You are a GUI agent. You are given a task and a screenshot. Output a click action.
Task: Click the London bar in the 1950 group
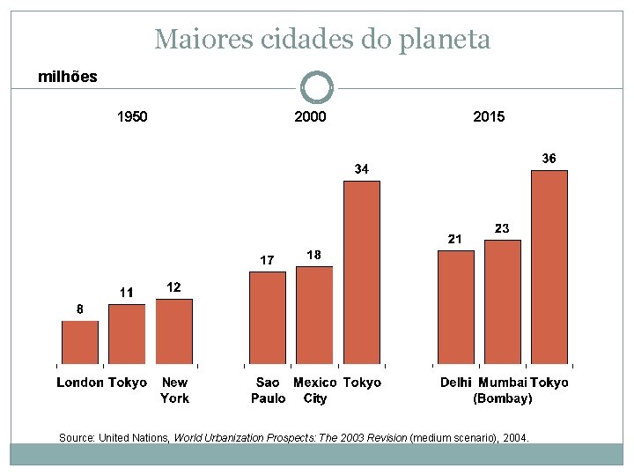point(80,342)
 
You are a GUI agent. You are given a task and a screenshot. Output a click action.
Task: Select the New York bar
point(173,331)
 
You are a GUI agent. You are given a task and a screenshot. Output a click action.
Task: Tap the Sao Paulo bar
point(268,317)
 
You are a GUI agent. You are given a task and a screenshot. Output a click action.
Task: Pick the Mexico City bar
point(314,315)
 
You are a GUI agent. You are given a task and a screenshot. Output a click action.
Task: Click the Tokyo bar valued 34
point(361,272)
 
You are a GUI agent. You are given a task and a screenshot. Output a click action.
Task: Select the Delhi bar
point(455,307)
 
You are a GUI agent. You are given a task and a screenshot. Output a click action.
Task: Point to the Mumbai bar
point(503,301)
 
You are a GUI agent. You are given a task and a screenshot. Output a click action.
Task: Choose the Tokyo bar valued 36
point(549,267)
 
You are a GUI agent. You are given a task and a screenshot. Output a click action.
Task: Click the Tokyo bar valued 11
point(127,334)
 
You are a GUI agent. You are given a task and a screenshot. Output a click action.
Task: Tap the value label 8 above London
point(79,309)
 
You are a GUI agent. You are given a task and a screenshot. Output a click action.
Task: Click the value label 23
point(501,228)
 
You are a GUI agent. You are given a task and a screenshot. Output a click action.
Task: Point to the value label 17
point(267,260)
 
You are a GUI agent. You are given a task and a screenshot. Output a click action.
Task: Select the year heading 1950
point(132,116)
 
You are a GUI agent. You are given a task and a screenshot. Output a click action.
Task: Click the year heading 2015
point(489,116)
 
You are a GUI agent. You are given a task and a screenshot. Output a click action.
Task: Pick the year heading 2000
point(310,116)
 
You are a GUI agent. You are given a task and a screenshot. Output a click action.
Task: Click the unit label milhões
point(68,77)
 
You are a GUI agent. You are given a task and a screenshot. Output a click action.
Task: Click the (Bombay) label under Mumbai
point(503,398)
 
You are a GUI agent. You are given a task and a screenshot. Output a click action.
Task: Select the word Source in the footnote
point(76,437)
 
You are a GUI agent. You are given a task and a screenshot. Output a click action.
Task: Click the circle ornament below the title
point(317,88)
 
